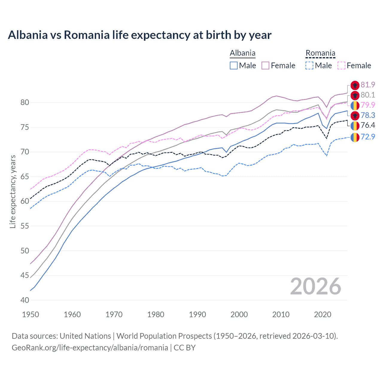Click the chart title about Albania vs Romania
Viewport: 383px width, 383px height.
(x=139, y=35)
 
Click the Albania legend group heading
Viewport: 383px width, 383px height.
(x=242, y=53)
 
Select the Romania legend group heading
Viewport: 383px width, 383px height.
(x=320, y=53)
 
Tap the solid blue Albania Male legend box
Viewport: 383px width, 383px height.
(x=234, y=66)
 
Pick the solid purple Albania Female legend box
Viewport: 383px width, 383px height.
(x=266, y=66)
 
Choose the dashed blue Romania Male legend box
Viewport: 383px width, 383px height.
(x=309, y=66)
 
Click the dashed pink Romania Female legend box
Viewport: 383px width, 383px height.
(x=341, y=66)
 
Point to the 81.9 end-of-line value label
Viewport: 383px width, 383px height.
(x=368, y=85)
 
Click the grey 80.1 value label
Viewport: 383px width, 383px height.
(x=368, y=95)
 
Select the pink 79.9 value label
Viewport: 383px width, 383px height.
(x=368, y=105)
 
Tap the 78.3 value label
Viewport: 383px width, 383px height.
(x=368, y=115)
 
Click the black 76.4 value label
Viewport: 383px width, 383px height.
(x=368, y=125)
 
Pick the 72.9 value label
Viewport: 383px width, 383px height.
(x=368, y=137)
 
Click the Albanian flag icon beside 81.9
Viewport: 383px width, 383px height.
(x=355, y=85)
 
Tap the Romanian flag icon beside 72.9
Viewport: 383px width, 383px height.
(x=355, y=137)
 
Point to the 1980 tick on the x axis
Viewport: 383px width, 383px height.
(x=156, y=314)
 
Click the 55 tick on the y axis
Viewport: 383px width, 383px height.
(x=25, y=226)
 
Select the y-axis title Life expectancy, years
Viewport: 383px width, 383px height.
(x=13, y=191)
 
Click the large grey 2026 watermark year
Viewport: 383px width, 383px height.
(x=315, y=287)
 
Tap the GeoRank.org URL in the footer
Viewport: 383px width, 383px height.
(x=90, y=348)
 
